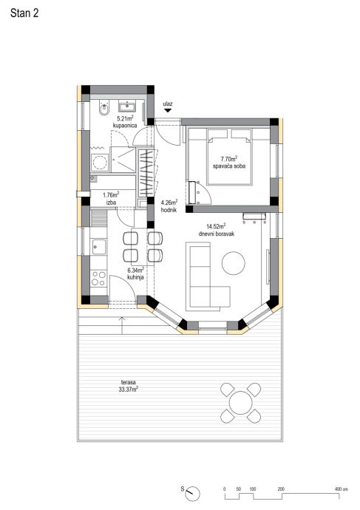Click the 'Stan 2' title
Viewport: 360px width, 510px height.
24,13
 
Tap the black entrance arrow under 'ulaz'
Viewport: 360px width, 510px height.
168,111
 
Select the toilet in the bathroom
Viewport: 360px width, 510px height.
104,109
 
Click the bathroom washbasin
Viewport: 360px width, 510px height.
127,106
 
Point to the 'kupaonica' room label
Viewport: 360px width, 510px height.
125,126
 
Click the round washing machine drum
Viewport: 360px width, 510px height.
99,162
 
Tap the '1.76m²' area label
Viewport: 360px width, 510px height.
111,195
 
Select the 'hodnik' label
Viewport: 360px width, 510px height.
169,210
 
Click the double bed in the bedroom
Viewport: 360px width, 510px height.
230,157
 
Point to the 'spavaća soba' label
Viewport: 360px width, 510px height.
229,166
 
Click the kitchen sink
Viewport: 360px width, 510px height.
99,247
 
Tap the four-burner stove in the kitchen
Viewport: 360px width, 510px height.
98,279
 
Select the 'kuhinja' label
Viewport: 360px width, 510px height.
135,277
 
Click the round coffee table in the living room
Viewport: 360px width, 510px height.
234,263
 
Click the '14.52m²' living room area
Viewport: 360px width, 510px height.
216,226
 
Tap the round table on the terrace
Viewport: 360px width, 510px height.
241,403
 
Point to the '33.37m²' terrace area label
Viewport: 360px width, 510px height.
129,390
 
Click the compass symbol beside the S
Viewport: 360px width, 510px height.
193,494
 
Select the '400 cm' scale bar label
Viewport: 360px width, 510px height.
341,489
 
